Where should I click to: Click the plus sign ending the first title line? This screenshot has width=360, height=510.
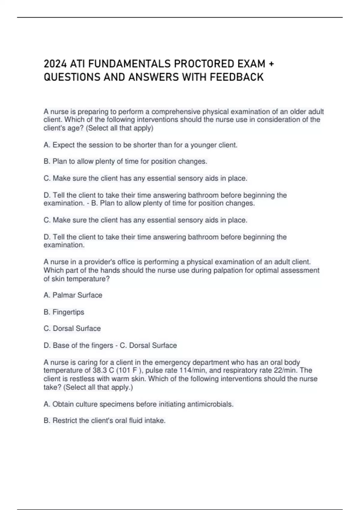click(271, 64)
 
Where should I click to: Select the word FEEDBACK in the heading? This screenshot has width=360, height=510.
click(237, 77)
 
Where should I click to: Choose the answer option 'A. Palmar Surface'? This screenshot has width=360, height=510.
click(73, 295)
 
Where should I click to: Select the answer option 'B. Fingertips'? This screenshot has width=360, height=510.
click(64, 312)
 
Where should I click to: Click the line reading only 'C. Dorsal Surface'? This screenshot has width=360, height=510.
click(72, 328)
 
